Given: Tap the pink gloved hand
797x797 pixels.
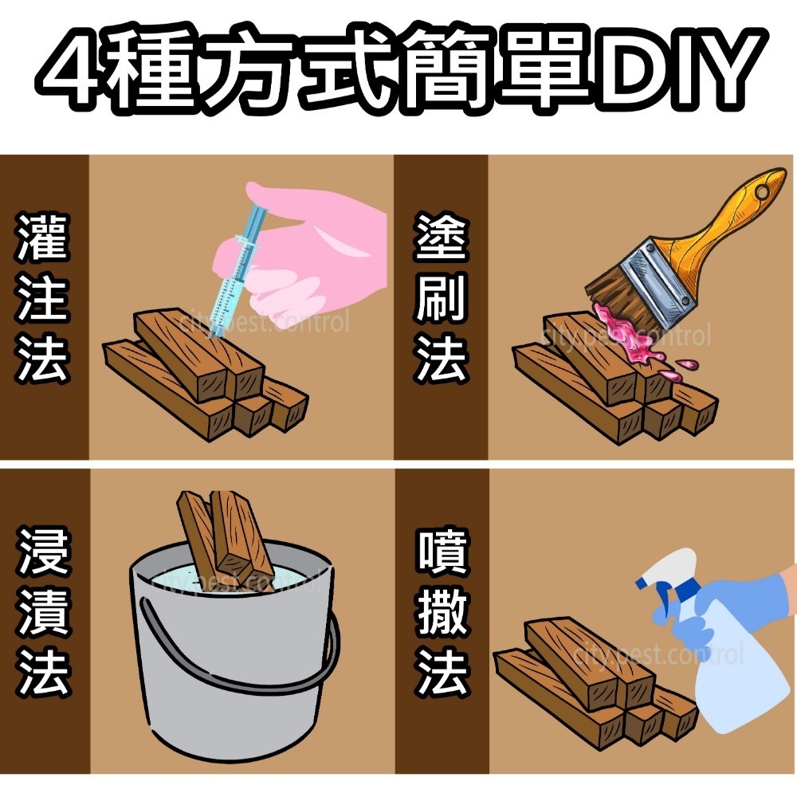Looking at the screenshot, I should (x=319, y=247).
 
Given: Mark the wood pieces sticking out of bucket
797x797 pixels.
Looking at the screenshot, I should (x=223, y=534).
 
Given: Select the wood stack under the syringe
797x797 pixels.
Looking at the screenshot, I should (x=207, y=375).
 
